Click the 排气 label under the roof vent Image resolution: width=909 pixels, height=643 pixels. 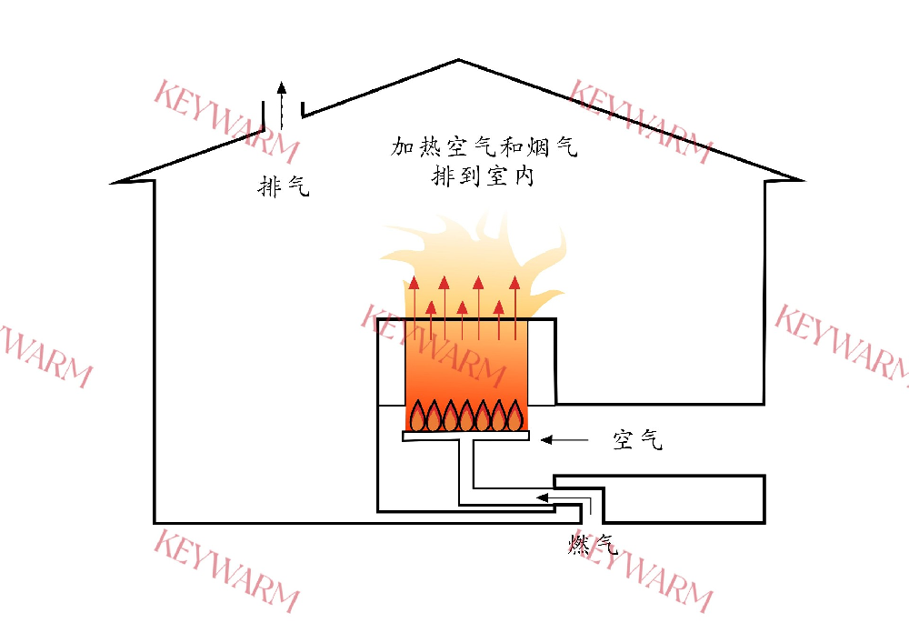click(x=285, y=187)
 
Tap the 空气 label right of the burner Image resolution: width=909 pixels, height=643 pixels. click(x=637, y=440)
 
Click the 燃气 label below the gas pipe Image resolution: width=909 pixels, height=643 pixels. click(x=593, y=545)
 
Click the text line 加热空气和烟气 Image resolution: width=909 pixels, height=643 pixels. click(x=484, y=146)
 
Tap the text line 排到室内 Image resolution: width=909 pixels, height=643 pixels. click(x=483, y=176)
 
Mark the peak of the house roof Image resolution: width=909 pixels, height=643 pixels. click(x=458, y=61)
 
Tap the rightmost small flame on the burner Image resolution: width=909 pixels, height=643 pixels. click(x=515, y=417)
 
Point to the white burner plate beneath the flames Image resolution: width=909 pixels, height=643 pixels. click(x=465, y=437)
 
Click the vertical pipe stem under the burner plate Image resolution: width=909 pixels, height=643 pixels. click(x=465, y=468)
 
